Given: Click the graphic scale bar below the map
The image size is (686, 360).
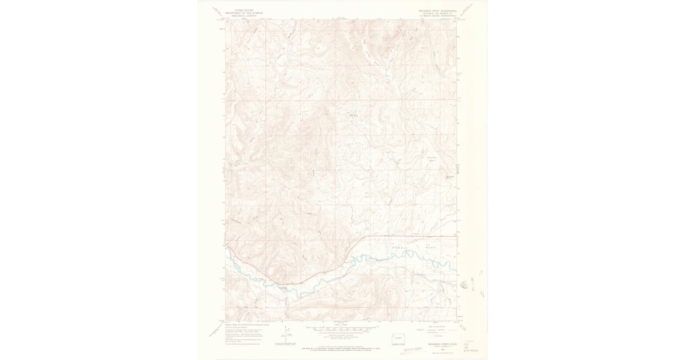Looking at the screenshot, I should (341, 329).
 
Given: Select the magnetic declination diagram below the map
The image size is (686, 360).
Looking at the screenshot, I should (288, 333).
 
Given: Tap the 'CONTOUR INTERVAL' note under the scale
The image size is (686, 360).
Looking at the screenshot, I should (341, 334).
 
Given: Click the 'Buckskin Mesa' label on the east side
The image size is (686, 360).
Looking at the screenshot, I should (432, 159).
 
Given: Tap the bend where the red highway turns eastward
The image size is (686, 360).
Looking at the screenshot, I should (365, 237).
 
